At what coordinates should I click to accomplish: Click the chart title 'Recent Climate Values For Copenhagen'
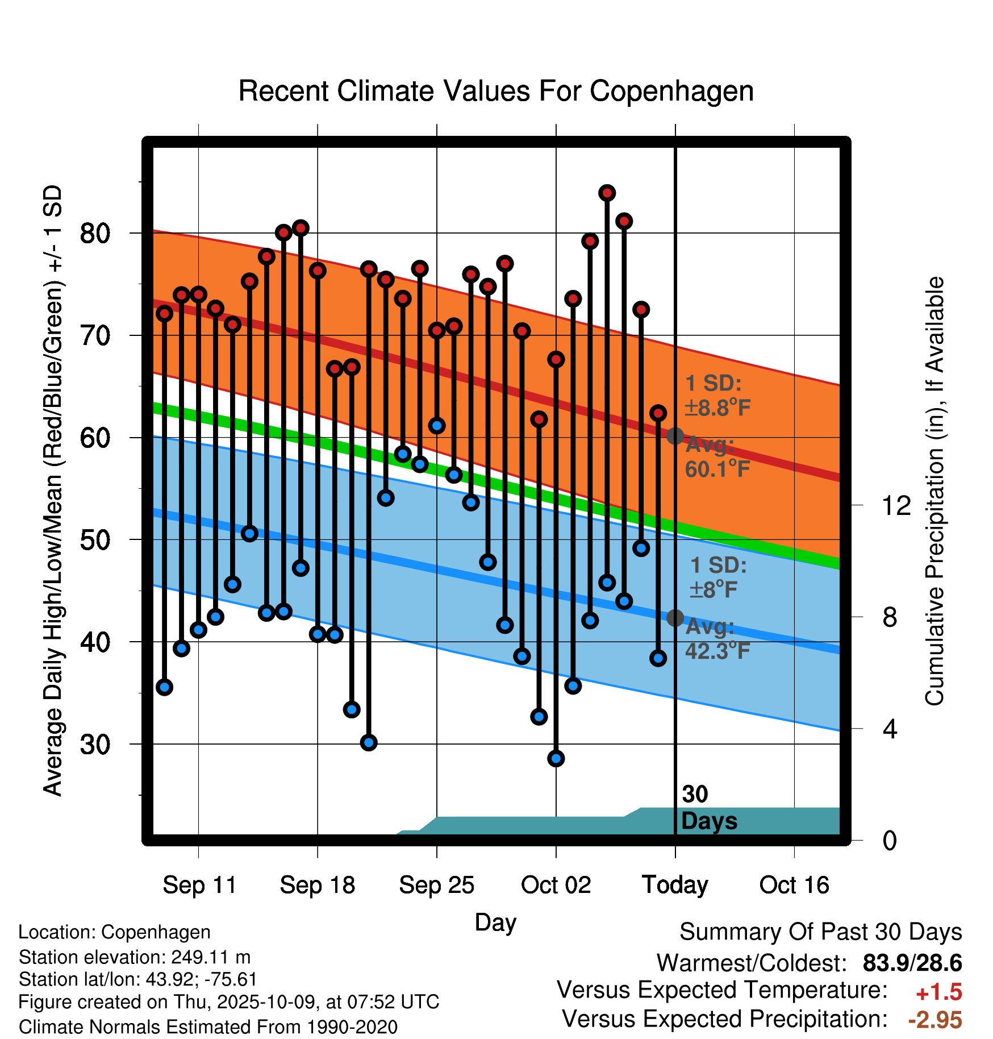496,91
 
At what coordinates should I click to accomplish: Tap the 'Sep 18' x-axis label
318,885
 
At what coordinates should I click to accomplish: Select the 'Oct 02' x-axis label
556,885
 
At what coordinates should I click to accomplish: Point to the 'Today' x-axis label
675,885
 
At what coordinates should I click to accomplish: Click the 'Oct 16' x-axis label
794,885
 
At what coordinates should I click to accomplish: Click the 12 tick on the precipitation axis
896,505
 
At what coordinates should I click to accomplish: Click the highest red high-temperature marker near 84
607,193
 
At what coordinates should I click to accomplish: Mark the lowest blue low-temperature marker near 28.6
556,758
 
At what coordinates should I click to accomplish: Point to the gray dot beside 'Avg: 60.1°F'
675,436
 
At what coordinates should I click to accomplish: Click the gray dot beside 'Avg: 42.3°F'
675,618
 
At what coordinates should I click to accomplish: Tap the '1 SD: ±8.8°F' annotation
717,396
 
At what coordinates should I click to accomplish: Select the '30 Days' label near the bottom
708,808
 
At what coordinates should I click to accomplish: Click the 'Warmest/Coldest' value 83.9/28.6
912,963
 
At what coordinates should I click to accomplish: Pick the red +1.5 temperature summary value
938,992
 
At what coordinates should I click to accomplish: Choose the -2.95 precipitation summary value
934,1020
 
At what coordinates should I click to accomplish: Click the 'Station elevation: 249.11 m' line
135,957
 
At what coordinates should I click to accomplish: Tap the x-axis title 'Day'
495,922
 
